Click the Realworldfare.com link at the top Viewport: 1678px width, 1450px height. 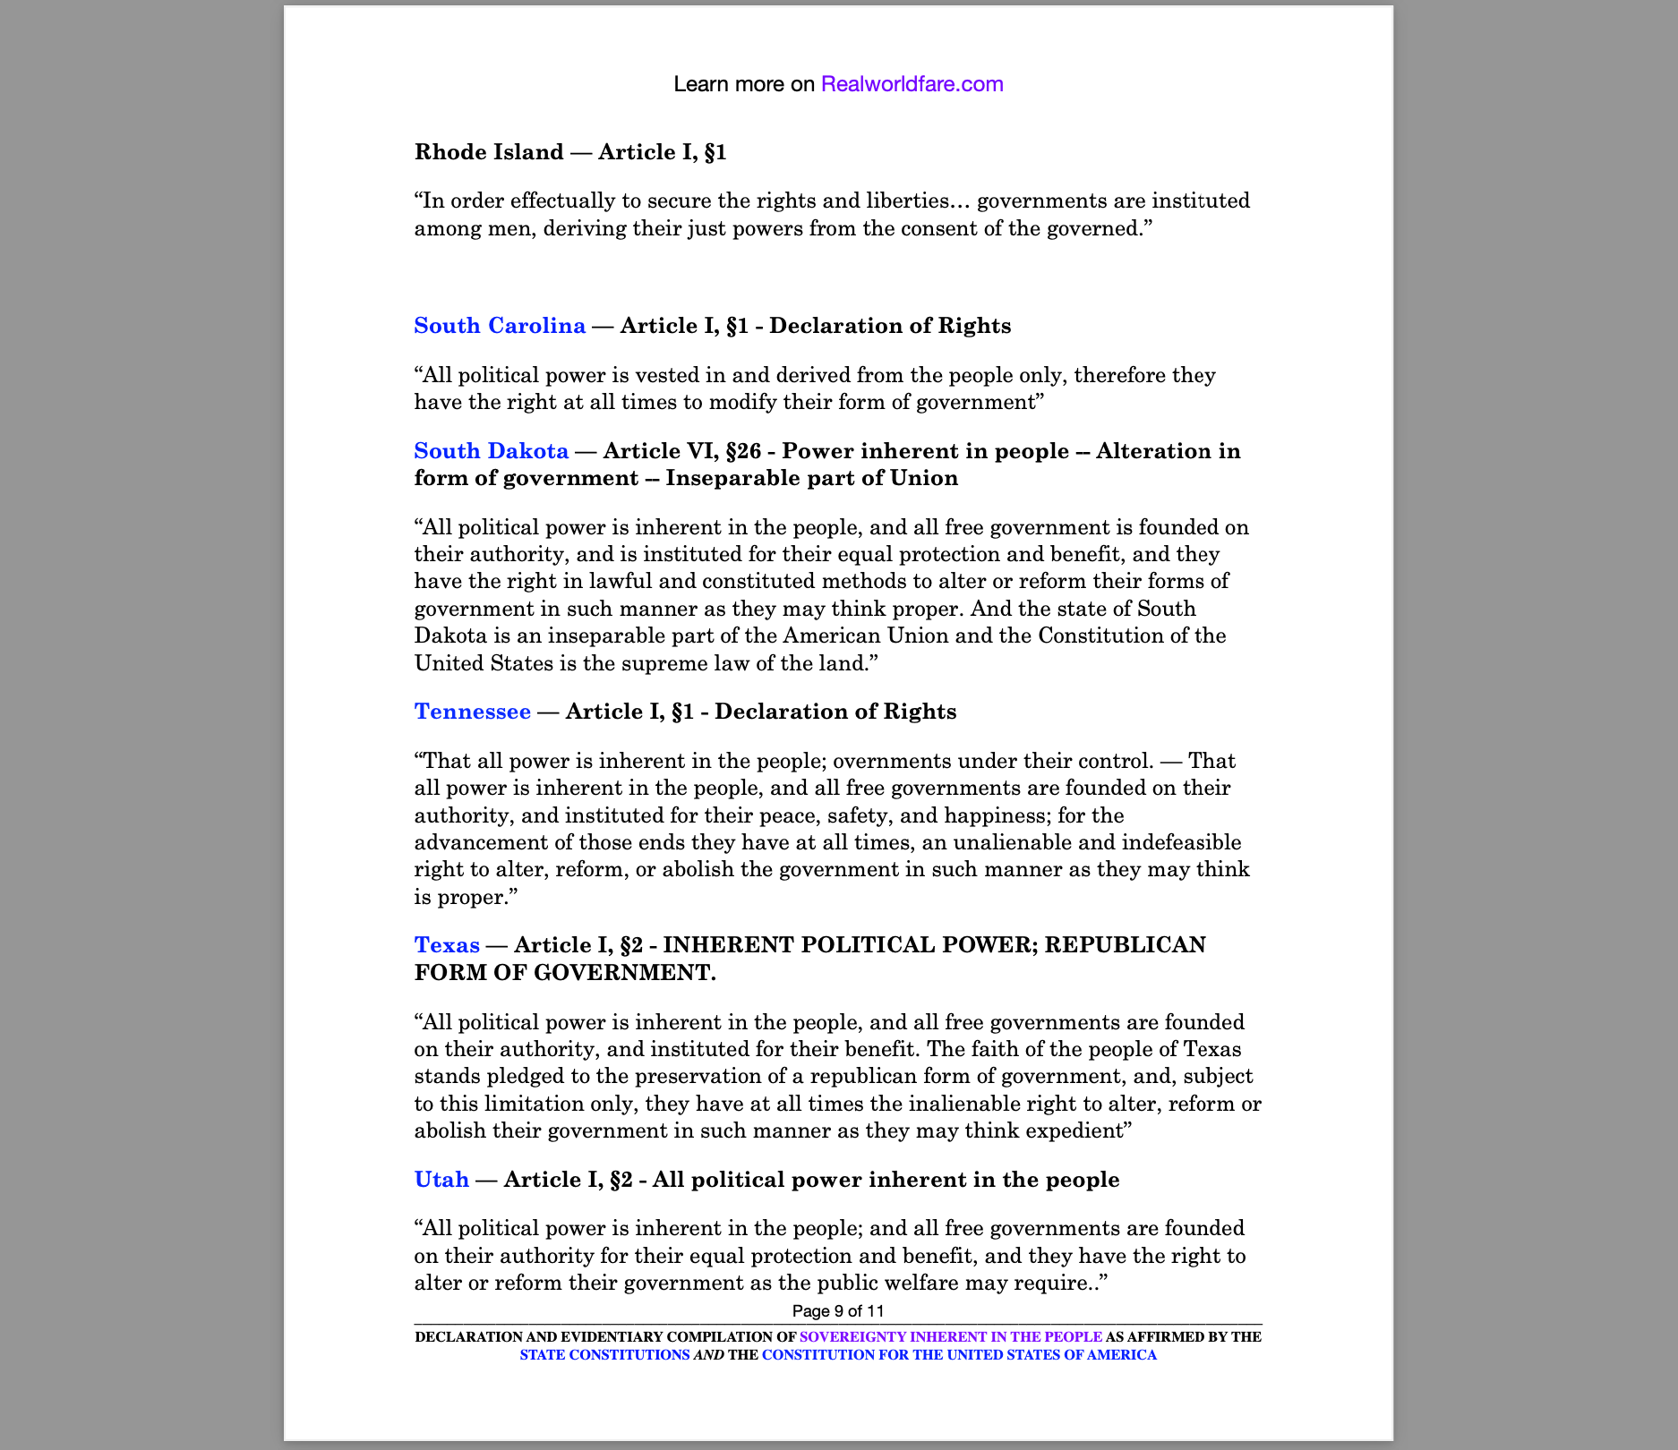(912, 84)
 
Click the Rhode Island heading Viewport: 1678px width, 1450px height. (488, 152)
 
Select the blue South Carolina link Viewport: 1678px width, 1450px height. (500, 326)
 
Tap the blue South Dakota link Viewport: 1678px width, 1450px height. (491, 451)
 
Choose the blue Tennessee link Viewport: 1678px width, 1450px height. (472, 712)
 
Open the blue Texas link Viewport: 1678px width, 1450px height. (447, 945)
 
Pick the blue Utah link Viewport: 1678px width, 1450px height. (441, 1180)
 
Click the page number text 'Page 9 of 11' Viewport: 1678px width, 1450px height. (838, 1311)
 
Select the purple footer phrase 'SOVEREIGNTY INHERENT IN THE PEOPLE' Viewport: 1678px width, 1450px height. (950, 1337)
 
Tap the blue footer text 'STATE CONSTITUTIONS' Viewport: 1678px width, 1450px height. (604, 1355)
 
